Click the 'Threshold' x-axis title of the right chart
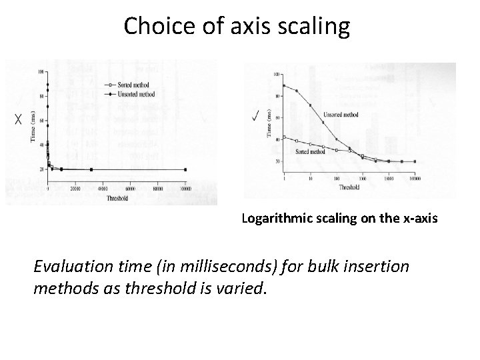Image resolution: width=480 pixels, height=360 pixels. (x=349, y=188)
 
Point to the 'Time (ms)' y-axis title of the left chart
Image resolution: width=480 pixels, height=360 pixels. (x=33, y=126)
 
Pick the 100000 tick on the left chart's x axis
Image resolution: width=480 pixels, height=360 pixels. (x=185, y=189)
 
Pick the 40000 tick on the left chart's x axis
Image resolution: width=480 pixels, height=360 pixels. (x=103, y=189)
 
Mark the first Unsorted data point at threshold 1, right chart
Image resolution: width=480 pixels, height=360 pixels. (x=284, y=85)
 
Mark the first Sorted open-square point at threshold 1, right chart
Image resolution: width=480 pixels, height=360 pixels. (x=284, y=137)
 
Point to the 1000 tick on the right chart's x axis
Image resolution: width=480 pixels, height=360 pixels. (x=362, y=178)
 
